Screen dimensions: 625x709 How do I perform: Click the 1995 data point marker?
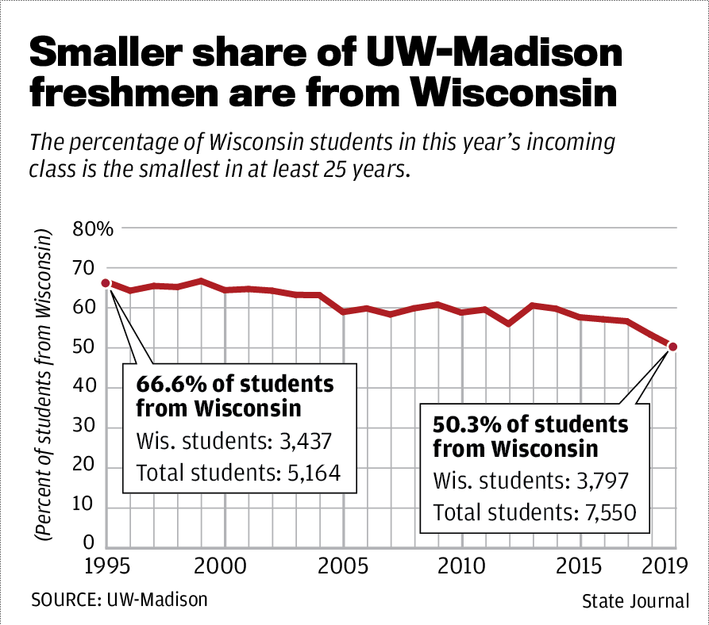point(106,283)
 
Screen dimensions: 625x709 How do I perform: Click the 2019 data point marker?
point(672,346)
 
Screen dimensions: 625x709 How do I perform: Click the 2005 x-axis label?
point(343,568)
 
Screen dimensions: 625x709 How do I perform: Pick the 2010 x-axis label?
point(461,568)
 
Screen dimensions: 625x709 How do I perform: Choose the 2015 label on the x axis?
point(580,568)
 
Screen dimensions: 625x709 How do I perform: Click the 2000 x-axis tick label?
point(225,568)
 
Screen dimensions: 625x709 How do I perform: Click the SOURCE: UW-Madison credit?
point(119,599)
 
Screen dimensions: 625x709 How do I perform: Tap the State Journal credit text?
point(635,600)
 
